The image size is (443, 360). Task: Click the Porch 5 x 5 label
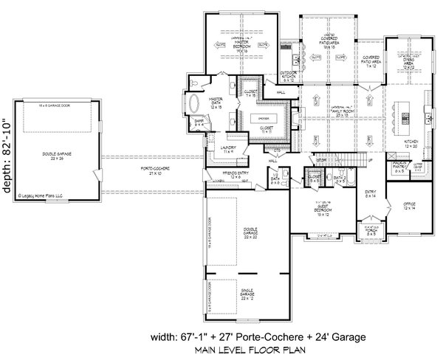367,235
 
